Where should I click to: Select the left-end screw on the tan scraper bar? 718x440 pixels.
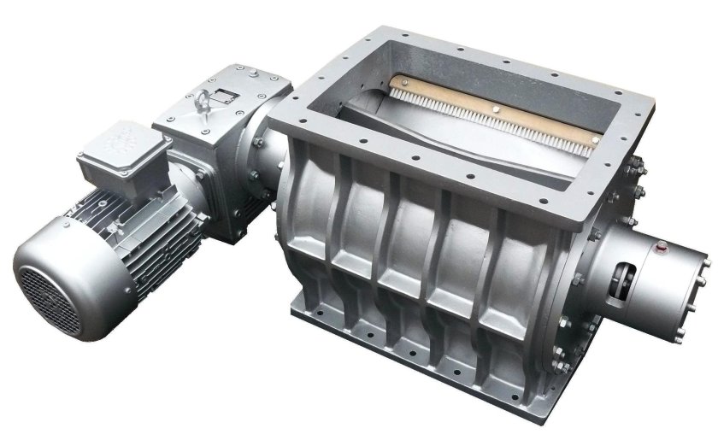tap(395, 82)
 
